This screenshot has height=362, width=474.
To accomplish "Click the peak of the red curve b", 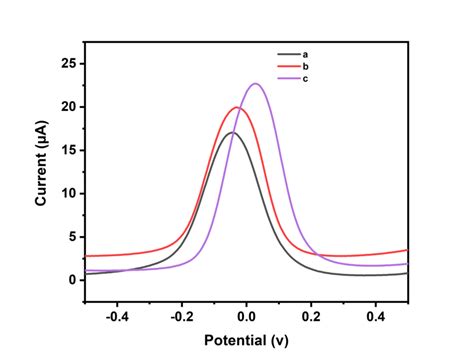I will click(237, 107).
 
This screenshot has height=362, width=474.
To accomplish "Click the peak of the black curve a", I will click(232, 132).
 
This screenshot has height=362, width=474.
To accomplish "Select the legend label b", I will click(305, 66).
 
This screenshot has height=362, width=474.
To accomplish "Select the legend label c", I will click(305, 78).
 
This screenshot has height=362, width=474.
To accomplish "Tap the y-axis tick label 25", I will click(68, 63).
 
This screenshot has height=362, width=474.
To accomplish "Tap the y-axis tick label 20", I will click(68, 107).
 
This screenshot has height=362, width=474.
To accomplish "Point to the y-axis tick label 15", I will click(68, 150).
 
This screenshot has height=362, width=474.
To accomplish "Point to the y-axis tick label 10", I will click(68, 193).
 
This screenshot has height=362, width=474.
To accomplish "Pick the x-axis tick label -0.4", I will click(117, 315).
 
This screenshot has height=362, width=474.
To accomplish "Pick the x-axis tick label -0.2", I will click(181, 315).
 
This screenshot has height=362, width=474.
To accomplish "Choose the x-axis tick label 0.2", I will click(311, 315).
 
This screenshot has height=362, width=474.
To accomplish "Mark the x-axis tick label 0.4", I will click(375, 315).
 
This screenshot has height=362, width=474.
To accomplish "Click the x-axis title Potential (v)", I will click(246, 341).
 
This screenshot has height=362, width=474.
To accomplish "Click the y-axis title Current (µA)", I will click(41, 171).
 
